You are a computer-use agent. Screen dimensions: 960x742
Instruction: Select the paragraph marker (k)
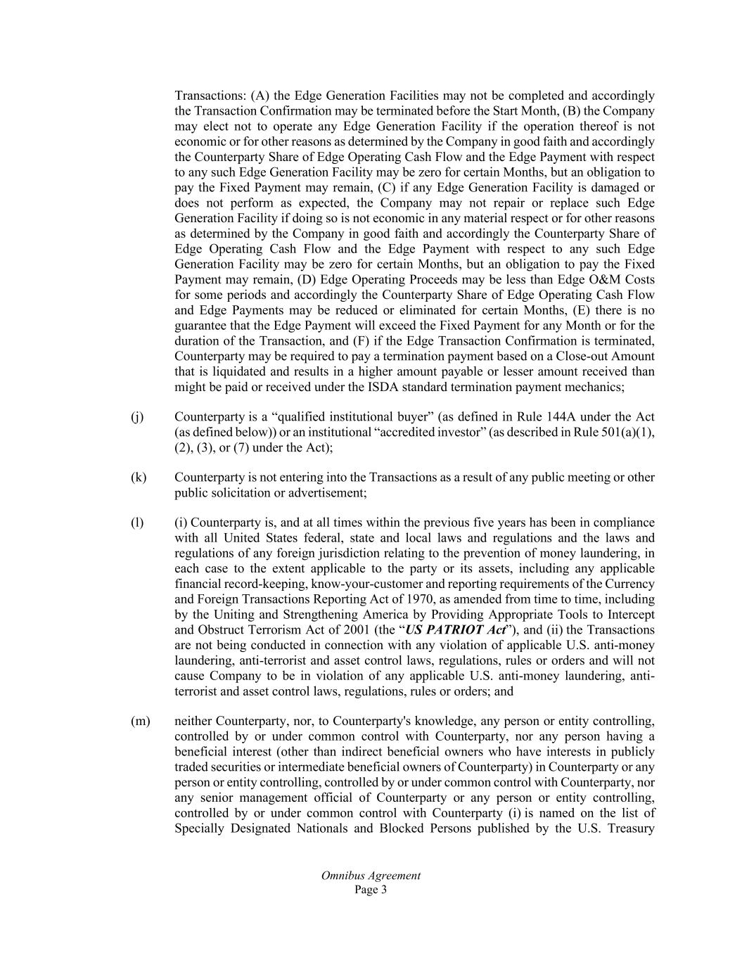[x=138, y=478]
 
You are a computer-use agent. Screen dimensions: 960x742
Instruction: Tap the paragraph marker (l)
[x=136, y=523]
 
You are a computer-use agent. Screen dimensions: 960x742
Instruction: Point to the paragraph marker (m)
[x=140, y=721]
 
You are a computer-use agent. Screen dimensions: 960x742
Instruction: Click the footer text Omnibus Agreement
[x=371, y=876]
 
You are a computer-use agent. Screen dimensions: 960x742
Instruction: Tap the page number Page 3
[x=371, y=890]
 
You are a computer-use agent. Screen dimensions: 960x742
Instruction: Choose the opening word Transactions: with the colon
[x=210, y=96]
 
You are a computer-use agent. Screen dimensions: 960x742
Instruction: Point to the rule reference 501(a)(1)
[x=621, y=432]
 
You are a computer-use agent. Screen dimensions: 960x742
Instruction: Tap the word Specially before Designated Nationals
[x=202, y=828]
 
